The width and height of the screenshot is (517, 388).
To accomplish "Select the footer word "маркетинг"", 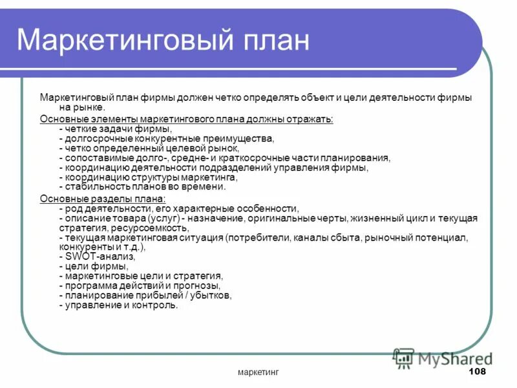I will click(258, 372).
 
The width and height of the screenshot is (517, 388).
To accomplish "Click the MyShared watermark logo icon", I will click(404, 357).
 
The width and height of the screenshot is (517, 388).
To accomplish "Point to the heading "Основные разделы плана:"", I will click(103, 199).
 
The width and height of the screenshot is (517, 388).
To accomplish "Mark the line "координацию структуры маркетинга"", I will click(148, 177).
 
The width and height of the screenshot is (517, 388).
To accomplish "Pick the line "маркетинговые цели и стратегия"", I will click(140, 275).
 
